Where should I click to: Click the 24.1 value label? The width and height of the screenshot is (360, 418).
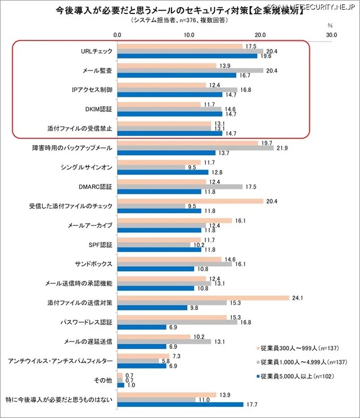point(298,298)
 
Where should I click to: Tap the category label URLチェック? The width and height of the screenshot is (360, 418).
point(97,51)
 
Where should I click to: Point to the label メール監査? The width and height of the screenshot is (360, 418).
point(97,71)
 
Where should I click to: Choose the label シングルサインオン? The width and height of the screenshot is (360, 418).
point(87,168)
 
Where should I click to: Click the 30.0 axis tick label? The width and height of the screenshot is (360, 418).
point(331,35)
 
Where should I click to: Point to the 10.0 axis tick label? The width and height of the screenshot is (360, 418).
point(189,35)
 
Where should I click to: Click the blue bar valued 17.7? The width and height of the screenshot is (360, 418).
point(181,404)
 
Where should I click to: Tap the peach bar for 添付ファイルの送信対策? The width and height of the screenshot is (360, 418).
point(203,298)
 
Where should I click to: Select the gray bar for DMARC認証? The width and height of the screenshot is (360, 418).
point(179,187)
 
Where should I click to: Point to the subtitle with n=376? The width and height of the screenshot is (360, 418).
point(180,20)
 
